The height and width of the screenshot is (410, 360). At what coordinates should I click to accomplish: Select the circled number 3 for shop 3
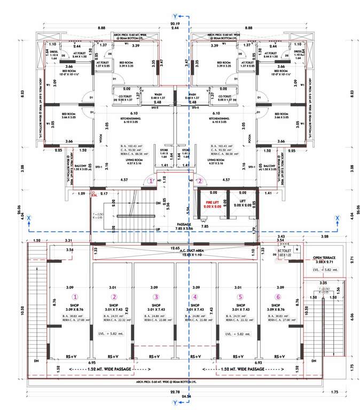coord(156,297)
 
